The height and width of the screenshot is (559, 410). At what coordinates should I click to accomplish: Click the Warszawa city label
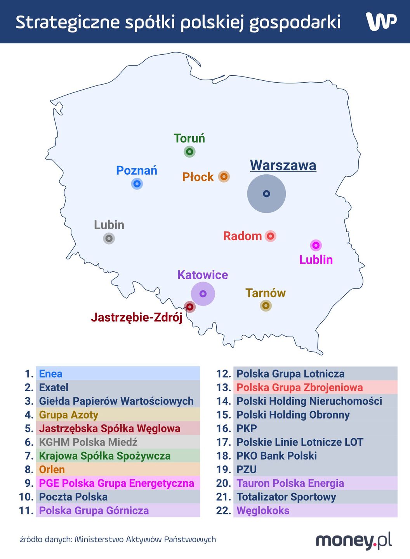point(283,165)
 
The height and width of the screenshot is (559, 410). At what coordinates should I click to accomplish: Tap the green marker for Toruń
point(189,151)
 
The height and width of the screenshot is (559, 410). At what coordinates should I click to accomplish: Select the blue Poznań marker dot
point(137,184)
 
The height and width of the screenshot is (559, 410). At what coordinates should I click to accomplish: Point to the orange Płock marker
point(224,177)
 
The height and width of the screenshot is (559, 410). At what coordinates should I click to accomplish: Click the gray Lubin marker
point(109,238)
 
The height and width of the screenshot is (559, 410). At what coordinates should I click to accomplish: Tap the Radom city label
point(242,236)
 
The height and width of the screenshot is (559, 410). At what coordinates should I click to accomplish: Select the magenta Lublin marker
point(316,245)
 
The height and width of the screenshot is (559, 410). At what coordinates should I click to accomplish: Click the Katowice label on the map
point(203,275)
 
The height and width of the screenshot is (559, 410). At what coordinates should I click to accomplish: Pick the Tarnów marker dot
point(266,306)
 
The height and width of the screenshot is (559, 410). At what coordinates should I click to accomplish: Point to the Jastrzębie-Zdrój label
point(137,318)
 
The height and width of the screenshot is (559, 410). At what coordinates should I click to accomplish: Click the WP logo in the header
point(381,21)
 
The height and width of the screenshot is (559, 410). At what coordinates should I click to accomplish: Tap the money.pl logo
point(353,540)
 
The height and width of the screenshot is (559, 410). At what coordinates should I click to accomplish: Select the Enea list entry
point(51,374)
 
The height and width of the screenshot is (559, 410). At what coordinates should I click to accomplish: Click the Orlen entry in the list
point(52,470)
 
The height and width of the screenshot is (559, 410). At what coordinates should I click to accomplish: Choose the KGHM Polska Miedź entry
point(88,442)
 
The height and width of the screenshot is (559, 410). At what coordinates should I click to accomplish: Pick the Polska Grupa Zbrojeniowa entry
point(299,387)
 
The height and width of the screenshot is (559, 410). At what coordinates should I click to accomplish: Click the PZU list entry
point(247,470)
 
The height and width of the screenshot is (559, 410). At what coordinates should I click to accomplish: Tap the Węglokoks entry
point(263,510)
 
